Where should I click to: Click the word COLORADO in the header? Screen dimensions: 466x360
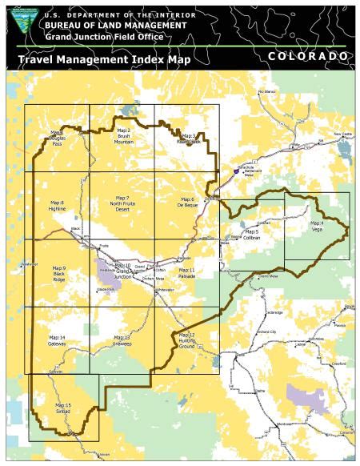308,57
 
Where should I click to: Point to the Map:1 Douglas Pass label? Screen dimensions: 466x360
56,138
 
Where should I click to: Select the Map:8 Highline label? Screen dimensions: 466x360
57,206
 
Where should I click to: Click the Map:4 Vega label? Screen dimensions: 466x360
317,226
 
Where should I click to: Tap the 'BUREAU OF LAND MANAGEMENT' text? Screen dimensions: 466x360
108,26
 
